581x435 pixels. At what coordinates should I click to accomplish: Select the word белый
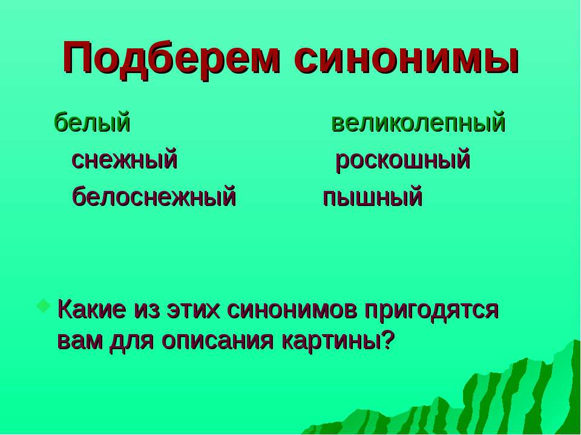coord(93,123)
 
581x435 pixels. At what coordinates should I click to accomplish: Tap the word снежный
coord(125,161)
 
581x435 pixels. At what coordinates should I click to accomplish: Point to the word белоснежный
coord(154,198)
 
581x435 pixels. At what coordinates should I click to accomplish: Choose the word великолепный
coord(418,123)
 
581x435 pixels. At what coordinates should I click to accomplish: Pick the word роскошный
coord(402,161)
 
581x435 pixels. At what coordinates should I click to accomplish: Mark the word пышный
coord(372,198)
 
